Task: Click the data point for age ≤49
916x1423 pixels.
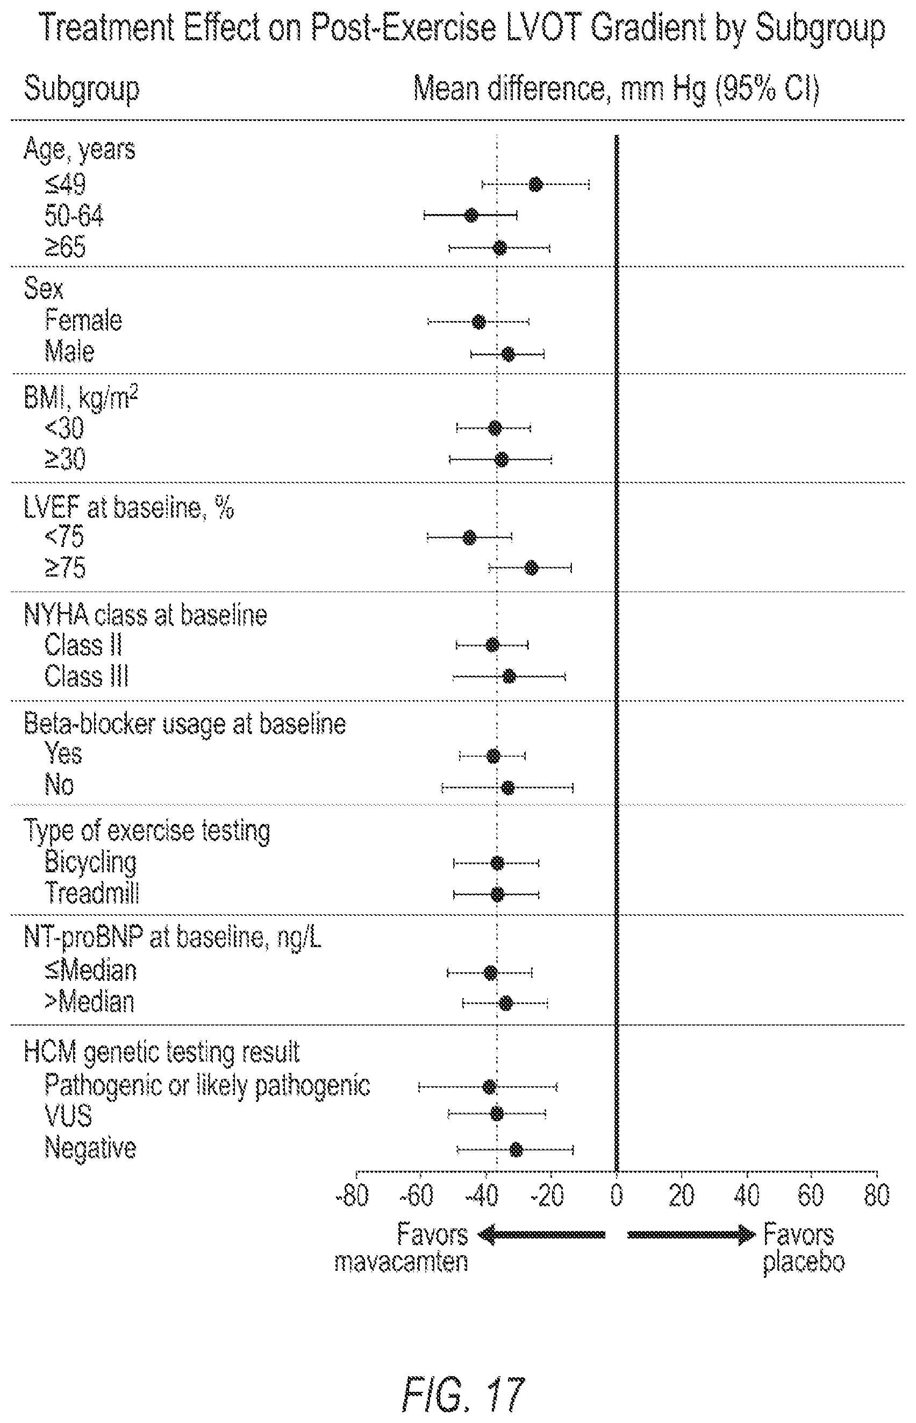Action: [x=535, y=184]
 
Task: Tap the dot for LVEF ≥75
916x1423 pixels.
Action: [x=531, y=567]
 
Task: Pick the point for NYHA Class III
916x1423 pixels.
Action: [x=509, y=676]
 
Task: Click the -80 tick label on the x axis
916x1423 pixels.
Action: [x=353, y=1194]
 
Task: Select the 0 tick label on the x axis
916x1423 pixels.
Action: [x=617, y=1194]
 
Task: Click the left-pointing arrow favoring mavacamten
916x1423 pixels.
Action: [x=542, y=1235]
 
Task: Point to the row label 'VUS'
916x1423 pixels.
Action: [x=68, y=1115]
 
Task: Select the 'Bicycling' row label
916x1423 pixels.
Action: [x=90, y=862]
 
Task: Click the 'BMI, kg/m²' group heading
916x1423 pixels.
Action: [x=81, y=397]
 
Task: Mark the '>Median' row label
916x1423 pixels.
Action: [x=89, y=1002]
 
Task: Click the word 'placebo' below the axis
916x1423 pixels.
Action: [x=804, y=1262]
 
